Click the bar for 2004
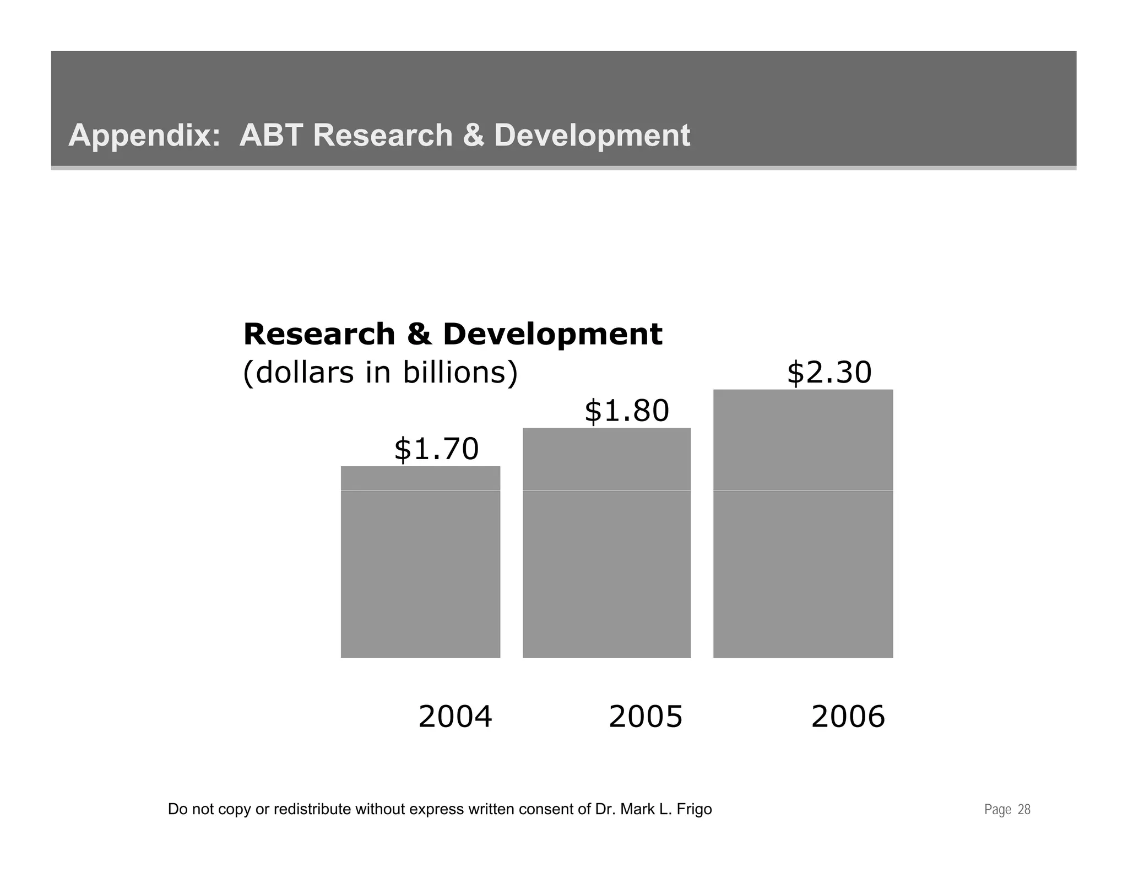420,562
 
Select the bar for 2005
606,543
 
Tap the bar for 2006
802,524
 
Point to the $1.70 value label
436,449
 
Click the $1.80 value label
626,411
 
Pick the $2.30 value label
829,373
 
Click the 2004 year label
455,717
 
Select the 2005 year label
646,717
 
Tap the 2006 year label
848,717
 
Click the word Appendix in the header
144,136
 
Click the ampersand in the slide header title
473,135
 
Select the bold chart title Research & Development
452,334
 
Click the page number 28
1024,810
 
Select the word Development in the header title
592,136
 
